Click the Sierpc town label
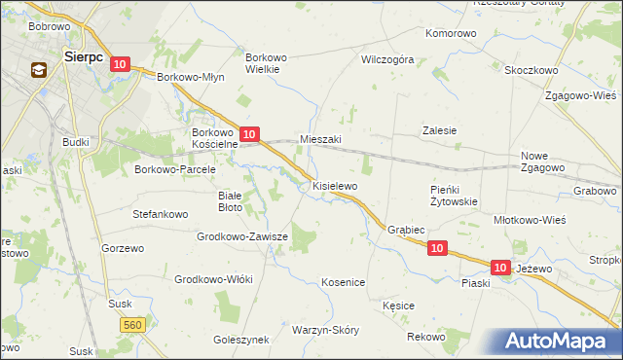(x=84, y=56)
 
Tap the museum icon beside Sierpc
(x=40, y=70)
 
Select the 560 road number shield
(x=134, y=324)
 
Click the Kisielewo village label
(x=335, y=185)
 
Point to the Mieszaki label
(x=320, y=139)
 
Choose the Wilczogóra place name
(x=387, y=59)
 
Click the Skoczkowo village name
(x=531, y=70)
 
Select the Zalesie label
(x=439, y=130)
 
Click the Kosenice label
(x=343, y=282)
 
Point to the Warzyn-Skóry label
(x=325, y=330)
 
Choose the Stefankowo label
(x=160, y=211)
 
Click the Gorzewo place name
(x=123, y=248)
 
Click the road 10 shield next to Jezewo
(x=500, y=267)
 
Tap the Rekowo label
(x=425, y=337)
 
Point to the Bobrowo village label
(x=49, y=25)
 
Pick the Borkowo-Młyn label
(x=191, y=77)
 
